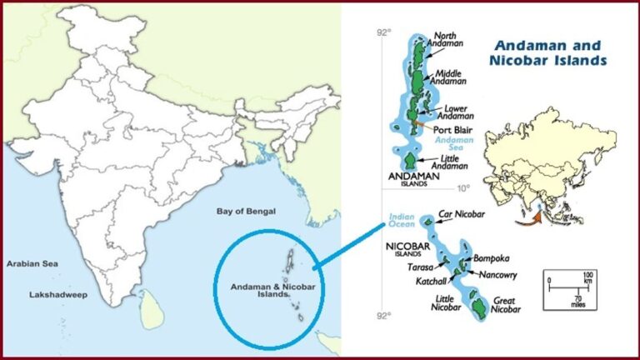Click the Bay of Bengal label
(x=246, y=212)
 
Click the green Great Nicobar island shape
(x=479, y=308)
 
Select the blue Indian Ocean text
(x=402, y=221)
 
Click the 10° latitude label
(x=463, y=187)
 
